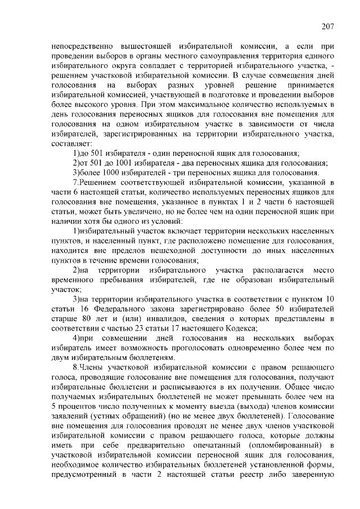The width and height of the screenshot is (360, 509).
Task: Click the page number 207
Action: (328, 26)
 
